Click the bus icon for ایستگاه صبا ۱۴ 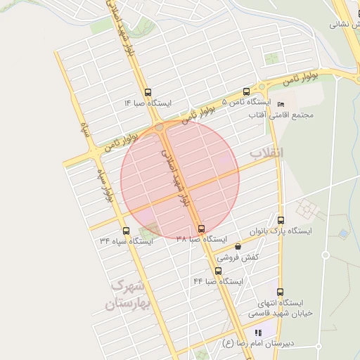[148, 92]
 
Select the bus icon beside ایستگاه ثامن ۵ [245, 91]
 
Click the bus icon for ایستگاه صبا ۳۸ [202, 229]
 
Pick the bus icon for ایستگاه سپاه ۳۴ [126, 230]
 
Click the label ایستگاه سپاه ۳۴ [126, 241]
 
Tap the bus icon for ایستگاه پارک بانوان [281, 219]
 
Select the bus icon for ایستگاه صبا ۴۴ [218, 271]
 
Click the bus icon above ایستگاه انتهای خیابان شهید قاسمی [280, 292]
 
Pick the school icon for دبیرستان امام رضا [258, 333]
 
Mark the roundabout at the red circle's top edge [161, 128]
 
